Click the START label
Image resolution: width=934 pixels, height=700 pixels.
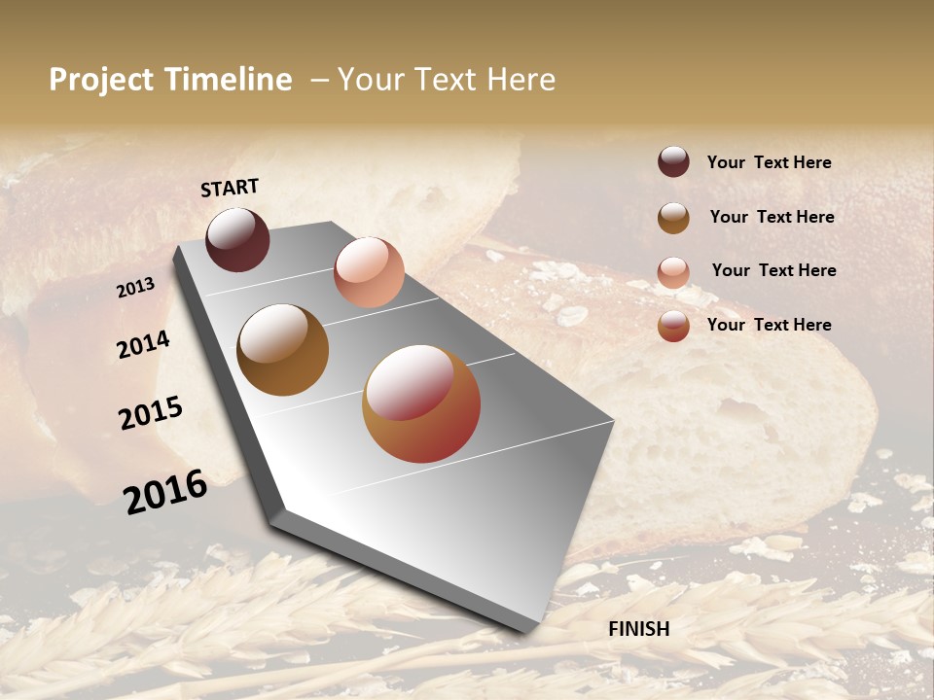[x=230, y=188]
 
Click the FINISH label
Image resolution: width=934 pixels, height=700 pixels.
[x=638, y=629]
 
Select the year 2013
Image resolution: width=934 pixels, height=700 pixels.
[x=135, y=287]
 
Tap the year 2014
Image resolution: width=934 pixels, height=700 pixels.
[x=143, y=344]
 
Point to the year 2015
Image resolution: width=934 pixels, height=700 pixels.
[x=151, y=413]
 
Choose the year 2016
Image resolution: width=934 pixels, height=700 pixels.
[x=165, y=491]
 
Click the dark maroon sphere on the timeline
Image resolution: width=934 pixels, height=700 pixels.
[x=237, y=239]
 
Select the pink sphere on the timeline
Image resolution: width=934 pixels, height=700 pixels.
[x=369, y=272]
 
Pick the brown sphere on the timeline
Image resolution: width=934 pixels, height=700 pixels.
[x=282, y=350]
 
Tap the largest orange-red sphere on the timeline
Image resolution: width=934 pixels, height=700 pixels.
[x=421, y=403]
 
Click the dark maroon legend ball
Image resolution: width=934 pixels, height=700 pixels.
[x=673, y=161]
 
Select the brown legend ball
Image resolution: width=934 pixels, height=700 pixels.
[x=673, y=218]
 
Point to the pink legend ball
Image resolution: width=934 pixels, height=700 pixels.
[x=673, y=272]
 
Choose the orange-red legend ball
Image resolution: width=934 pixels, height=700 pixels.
[x=673, y=326]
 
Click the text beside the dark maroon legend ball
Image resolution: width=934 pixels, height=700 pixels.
[x=769, y=162]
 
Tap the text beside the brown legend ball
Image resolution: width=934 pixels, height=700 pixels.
[x=772, y=217]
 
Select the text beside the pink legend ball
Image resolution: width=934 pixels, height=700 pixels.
[x=773, y=270]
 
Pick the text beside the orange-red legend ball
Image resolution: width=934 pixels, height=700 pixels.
[x=769, y=325]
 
